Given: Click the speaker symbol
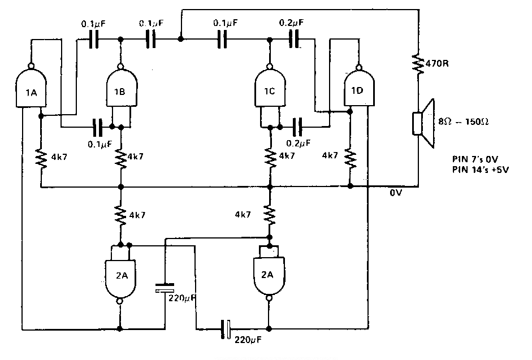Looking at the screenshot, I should (423, 118).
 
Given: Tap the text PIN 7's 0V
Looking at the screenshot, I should (474, 160).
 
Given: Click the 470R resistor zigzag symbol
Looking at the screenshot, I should (419, 63).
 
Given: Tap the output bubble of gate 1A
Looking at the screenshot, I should (31, 63).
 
